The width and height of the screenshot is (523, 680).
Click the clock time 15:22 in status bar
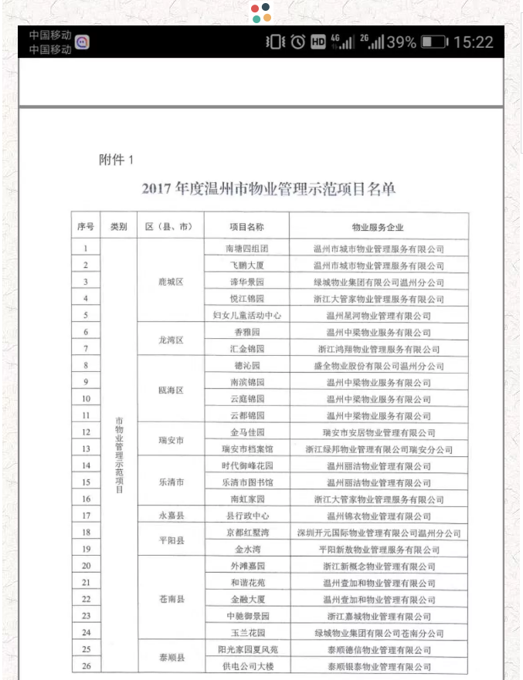click(473, 42)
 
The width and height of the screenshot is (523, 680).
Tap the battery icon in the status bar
click(434, 42)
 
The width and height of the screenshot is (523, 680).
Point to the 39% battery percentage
click(401, 42)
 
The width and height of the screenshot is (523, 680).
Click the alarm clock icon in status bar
click(297, 42)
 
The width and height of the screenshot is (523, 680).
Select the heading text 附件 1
click(117, 160)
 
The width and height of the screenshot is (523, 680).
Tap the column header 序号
click(86, 227)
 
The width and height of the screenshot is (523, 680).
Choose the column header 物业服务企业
click(378, 227)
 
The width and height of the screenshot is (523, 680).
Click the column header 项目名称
click(246, 227)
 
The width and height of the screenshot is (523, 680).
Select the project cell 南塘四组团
click(246, 249)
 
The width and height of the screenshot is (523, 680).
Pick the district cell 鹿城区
click(170, 282)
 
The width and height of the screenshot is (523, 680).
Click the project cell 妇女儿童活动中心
click(246, 315)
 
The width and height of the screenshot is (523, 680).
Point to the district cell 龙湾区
click(170, 340)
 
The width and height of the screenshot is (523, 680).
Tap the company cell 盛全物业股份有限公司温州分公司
click(378, 366)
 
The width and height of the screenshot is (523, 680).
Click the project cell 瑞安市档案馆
click(246, 449)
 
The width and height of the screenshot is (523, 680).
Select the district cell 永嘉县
click(170, 516)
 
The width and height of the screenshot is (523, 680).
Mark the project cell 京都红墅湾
click(246, 533)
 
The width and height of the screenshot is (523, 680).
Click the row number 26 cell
click(86, 666)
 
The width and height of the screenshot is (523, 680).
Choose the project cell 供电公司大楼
click(246, 666)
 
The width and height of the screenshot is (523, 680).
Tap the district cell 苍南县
click(170, 599)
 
